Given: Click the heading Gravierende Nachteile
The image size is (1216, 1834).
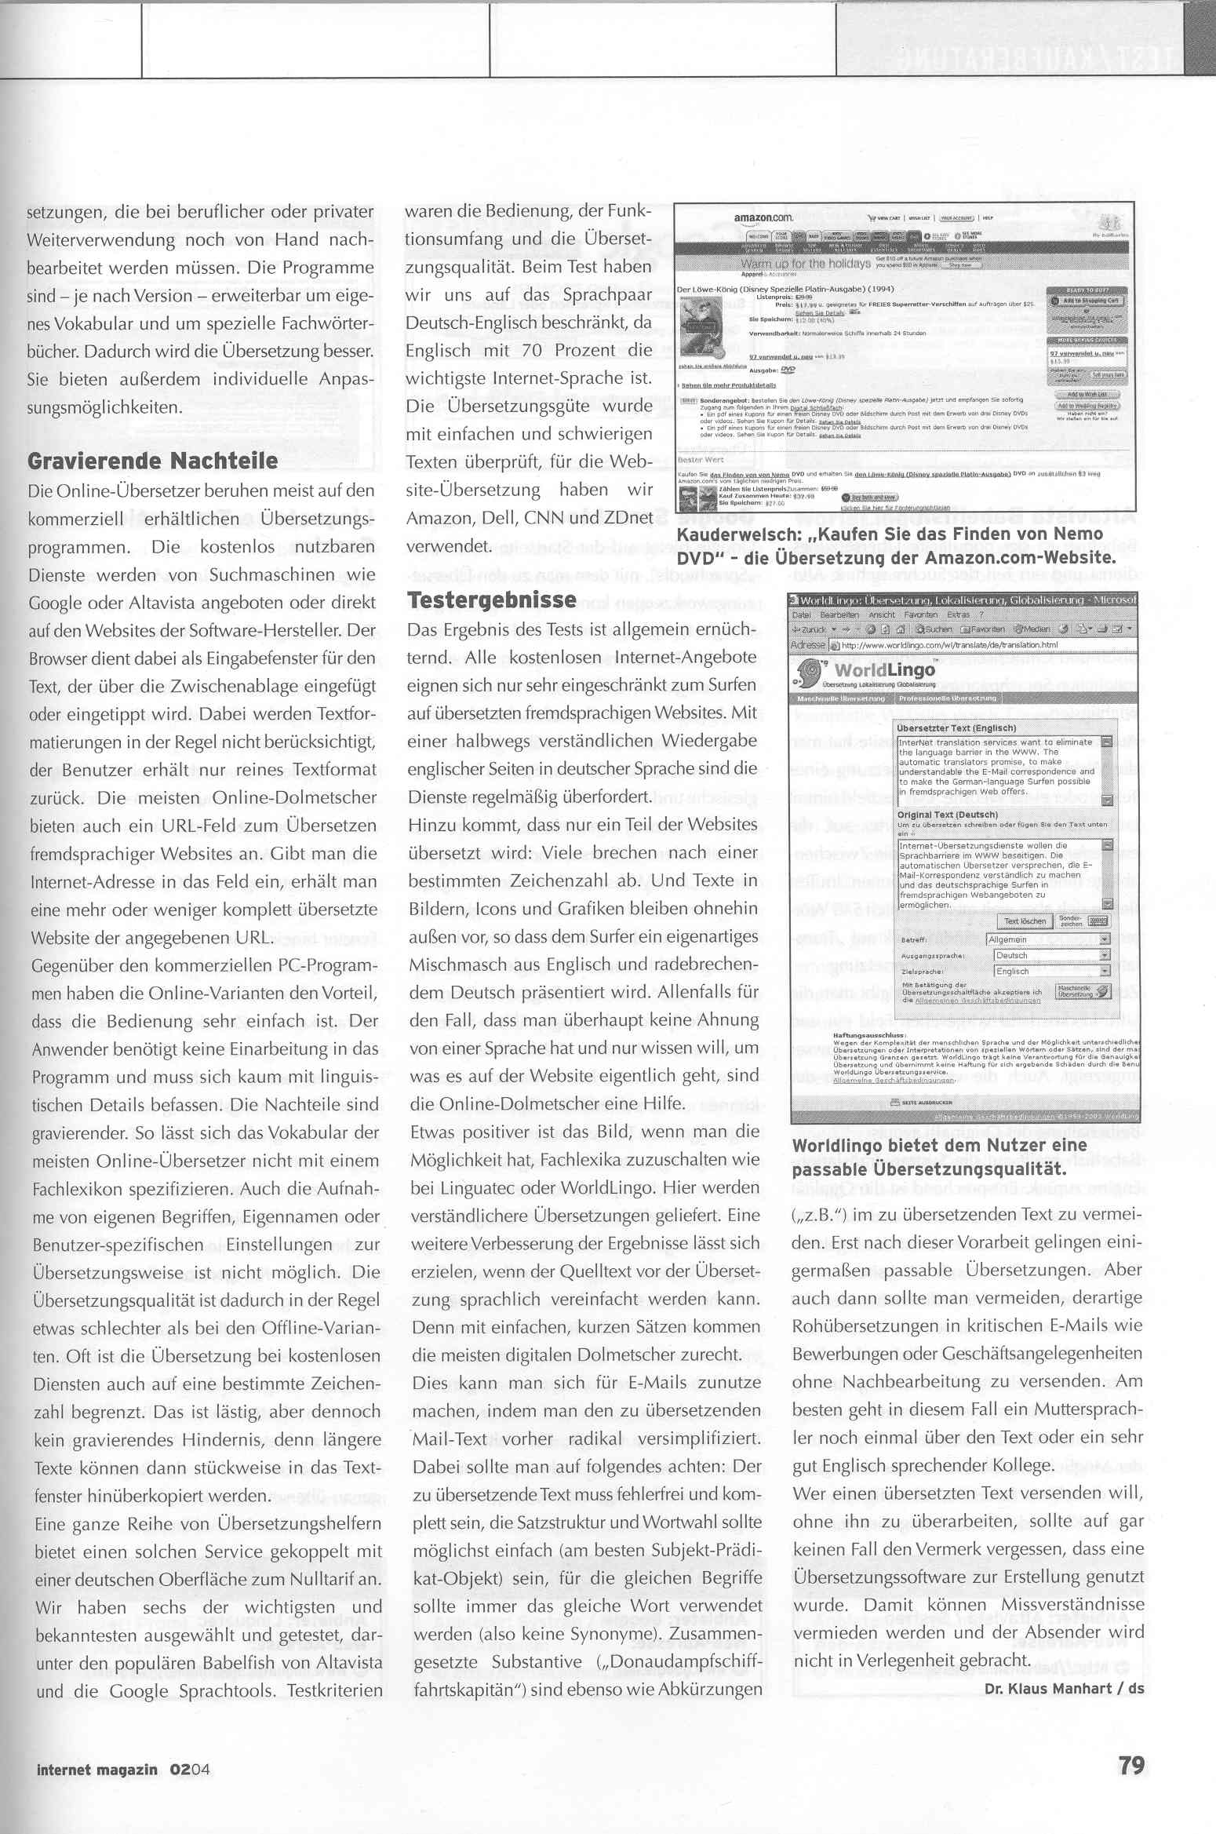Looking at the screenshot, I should click(x=152, y=461).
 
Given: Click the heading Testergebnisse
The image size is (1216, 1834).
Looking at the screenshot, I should click(x=492, y=600).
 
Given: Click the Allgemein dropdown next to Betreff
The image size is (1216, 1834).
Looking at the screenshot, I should click(x=1047, y=939).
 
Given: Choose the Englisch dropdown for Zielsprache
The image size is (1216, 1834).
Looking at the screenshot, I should click(x=1051, y=971).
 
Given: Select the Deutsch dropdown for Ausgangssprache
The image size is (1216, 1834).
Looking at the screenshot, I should click(x=1051, y=955).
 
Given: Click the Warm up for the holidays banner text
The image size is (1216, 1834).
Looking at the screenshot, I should click(x=806, y=264).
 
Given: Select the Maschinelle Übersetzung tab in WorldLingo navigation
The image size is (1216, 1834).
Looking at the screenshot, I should click(x=841, y=698).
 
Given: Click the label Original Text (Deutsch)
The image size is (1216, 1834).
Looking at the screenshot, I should click(x=941, y=815).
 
